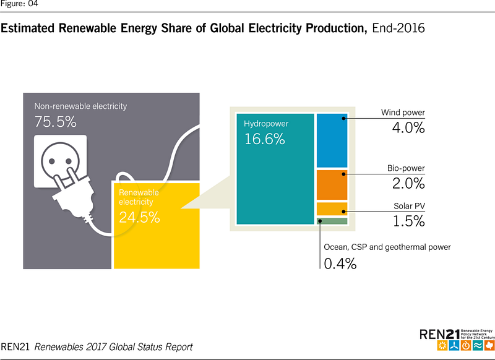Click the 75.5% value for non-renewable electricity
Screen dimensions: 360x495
[x=55, y=122]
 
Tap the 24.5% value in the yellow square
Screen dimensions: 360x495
[x=139, y=217]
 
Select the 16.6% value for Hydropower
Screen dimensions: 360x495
[x=264, y=139]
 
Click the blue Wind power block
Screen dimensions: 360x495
[x=332, y=140]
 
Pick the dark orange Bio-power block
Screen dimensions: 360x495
[x=332, y=184]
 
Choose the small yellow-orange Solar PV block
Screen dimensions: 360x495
[x=332, y=208]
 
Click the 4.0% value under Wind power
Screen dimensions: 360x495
[x=408, y=128]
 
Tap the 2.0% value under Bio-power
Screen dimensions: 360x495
[x=408, y=183]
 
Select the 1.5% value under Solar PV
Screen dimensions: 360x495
[x=409, y=220]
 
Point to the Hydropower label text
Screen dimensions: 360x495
[x=266, y=124]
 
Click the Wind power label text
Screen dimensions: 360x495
[x=403, y=113]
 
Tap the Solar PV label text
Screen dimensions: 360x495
[x=410, y=205]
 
